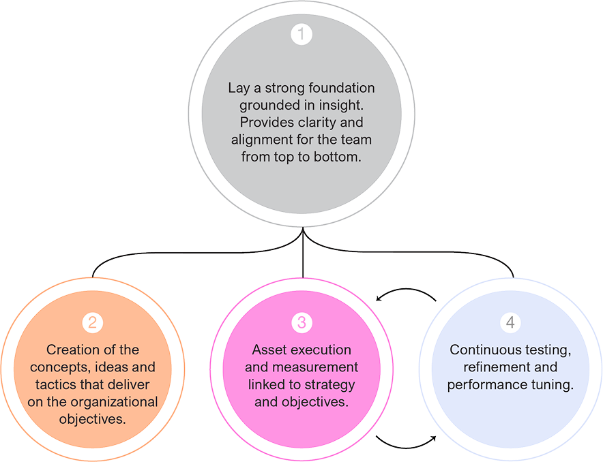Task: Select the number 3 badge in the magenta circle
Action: point(301,322)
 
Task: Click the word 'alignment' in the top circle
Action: point(258,140)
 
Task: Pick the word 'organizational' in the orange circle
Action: point(118,400)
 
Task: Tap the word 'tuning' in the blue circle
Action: point(553,384)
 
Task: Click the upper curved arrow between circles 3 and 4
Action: point(407,293)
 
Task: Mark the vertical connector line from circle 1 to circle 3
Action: point(302,256)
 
